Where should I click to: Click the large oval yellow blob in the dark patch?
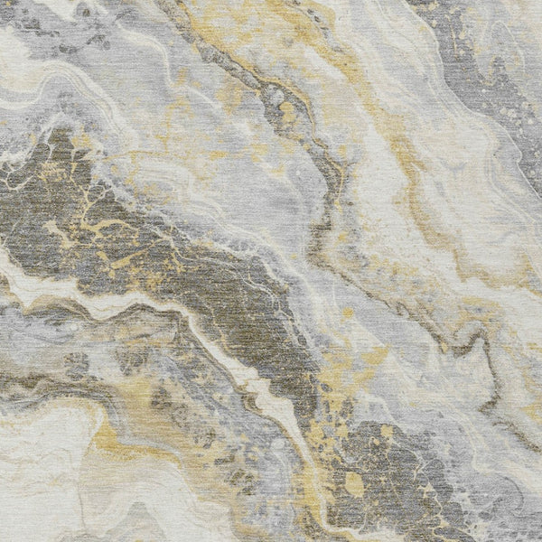[x=354, y=485]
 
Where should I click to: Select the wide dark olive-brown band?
[x=135, y=235]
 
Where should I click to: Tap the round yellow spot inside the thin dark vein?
[x=287, y=113]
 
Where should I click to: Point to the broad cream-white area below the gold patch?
[x=54, y=488]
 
